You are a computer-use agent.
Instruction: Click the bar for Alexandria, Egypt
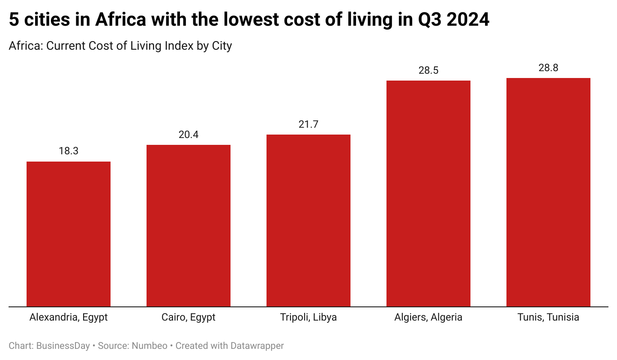pyautogui.click(x=69, y=234)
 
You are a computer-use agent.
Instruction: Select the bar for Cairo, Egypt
pyautogui.click(x=189, y=225)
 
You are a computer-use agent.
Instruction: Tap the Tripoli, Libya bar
pyautogui.click(x=308, y=220)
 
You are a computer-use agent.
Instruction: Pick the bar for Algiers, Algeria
pyautogui.click(x=428, y=193)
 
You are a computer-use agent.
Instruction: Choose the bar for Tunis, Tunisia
pyautogui.click(x=548, y=192)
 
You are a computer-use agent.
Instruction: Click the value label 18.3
pyautogui.click(x=69, y=151)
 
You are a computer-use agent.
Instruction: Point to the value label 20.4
pyautogui.click(x=189, y=135)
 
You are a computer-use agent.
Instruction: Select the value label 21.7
pyautogui.click(x=308, y=124)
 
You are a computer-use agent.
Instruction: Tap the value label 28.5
pyautogui.click(x=428, y=70)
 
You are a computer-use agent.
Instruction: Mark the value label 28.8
pyautogui.click(x=548, y=68)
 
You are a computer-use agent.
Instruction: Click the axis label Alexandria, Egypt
pyautogui.click(x=69, y=318)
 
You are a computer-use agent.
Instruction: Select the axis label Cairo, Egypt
pyautogui.click(x=189, y=318)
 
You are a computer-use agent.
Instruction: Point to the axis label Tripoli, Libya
pyautogui.click(x=308, y=318)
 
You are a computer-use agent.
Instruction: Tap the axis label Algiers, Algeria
pyautogui.click(x=428, y=318)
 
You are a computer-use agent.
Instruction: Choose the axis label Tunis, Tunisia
pyautogui.click(x=548, y=318)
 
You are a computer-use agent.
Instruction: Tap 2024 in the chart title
pyautogui.click(x=468, y=20)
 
